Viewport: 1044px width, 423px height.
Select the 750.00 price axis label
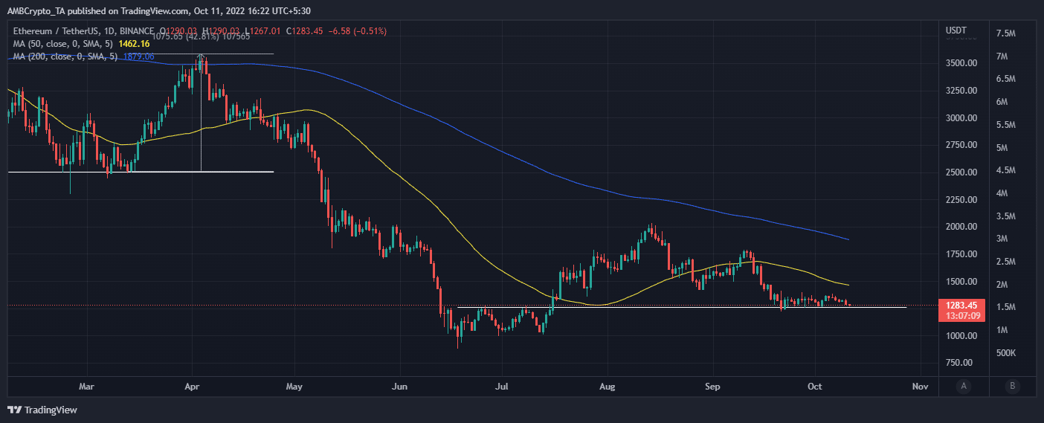click(x=961, y=363)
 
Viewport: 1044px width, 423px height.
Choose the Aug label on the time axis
click(x=608, y=387)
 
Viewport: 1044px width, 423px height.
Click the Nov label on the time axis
click(x=921, y=387)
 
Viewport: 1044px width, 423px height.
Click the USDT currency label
click(x=956, y=30)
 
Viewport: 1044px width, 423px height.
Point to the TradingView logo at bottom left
click(x=42, y=410)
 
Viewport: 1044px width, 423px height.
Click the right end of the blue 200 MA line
click(x=849, y=239)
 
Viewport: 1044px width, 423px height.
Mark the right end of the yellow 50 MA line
click(x=849, y=285)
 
